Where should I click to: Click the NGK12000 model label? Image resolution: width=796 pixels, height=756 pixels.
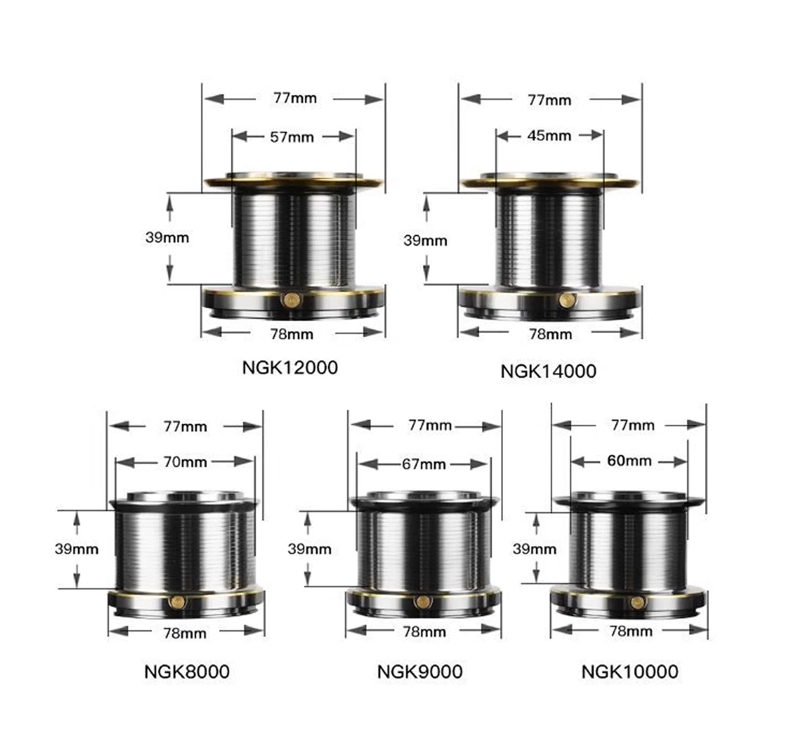290,368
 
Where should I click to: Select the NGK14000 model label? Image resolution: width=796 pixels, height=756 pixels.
548,371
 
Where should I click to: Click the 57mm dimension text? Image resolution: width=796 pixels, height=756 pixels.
292,137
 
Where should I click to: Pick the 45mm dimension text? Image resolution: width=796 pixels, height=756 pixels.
549,136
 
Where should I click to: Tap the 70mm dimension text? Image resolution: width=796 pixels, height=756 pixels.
185,462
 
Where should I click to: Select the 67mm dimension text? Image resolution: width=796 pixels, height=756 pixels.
424,464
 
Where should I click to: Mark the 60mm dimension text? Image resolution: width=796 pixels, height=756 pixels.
629,460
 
